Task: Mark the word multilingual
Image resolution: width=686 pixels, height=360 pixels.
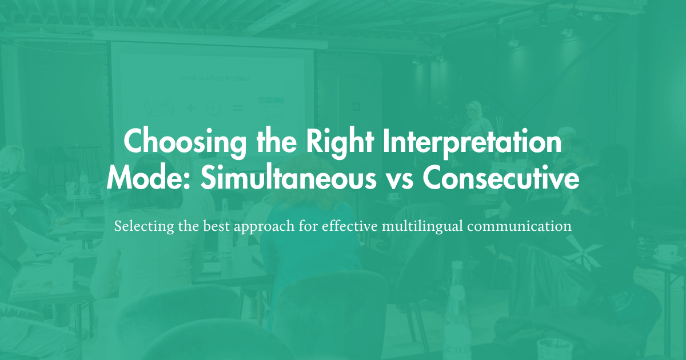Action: pyautogui.click(x=421, y=226)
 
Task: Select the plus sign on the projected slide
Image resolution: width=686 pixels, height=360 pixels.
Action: pyautogui.click(x=190, y=107)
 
